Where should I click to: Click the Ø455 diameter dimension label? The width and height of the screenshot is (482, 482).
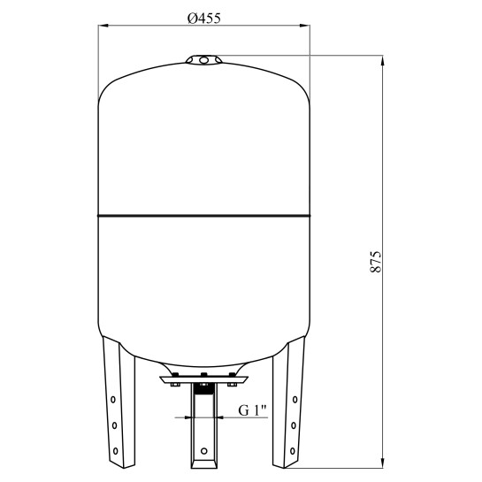(x=204, y=19)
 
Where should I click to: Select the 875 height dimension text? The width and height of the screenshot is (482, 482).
(x=375, y=262)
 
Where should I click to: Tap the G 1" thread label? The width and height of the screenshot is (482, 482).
(x=252, y=410)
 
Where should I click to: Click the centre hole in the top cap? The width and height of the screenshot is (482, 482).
(x=203, y=59)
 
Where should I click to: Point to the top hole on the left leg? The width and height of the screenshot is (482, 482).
(x=113, y=400)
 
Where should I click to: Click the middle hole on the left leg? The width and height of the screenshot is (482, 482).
(x=114, y=425)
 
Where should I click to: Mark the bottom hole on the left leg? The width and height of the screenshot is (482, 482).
(x=115, y=451)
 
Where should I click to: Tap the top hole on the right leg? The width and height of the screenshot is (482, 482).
(x=295, y=400)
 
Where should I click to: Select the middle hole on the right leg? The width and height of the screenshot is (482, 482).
(x=294, y=425)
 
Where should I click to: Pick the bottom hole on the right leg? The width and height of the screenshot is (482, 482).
(x=293, y=451)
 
